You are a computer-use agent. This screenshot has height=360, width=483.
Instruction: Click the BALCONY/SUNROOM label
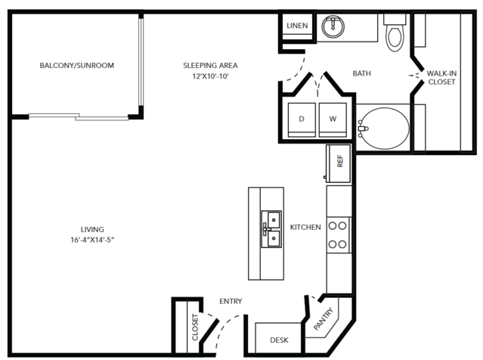76,65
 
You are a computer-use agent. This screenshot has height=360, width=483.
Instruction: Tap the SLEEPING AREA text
210,65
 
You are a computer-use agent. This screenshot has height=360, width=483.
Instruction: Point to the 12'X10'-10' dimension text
210,76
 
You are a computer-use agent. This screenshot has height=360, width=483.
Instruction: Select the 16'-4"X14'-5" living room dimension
92,240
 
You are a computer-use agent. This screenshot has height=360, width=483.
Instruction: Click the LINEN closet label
297,26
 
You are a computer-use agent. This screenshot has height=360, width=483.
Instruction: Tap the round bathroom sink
333,26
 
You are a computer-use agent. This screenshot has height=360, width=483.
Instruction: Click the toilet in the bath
395,33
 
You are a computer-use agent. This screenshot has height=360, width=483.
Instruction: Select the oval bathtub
384,129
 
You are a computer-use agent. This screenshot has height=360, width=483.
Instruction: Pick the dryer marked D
302,120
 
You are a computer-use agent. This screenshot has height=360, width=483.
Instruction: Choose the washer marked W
333,120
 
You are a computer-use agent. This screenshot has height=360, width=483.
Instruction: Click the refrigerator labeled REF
338,163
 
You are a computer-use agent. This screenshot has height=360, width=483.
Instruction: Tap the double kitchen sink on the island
271,229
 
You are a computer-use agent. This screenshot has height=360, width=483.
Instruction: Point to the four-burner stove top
339,235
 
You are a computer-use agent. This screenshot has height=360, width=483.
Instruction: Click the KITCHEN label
305,227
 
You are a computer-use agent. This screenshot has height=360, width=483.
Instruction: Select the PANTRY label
324,318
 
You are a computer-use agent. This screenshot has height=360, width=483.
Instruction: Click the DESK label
280,340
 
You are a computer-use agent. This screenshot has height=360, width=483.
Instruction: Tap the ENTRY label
231,301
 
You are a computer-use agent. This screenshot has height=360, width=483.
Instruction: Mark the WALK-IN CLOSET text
441,78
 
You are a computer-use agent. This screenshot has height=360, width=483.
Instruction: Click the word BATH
361,73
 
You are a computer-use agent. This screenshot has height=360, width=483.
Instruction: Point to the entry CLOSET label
195,327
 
